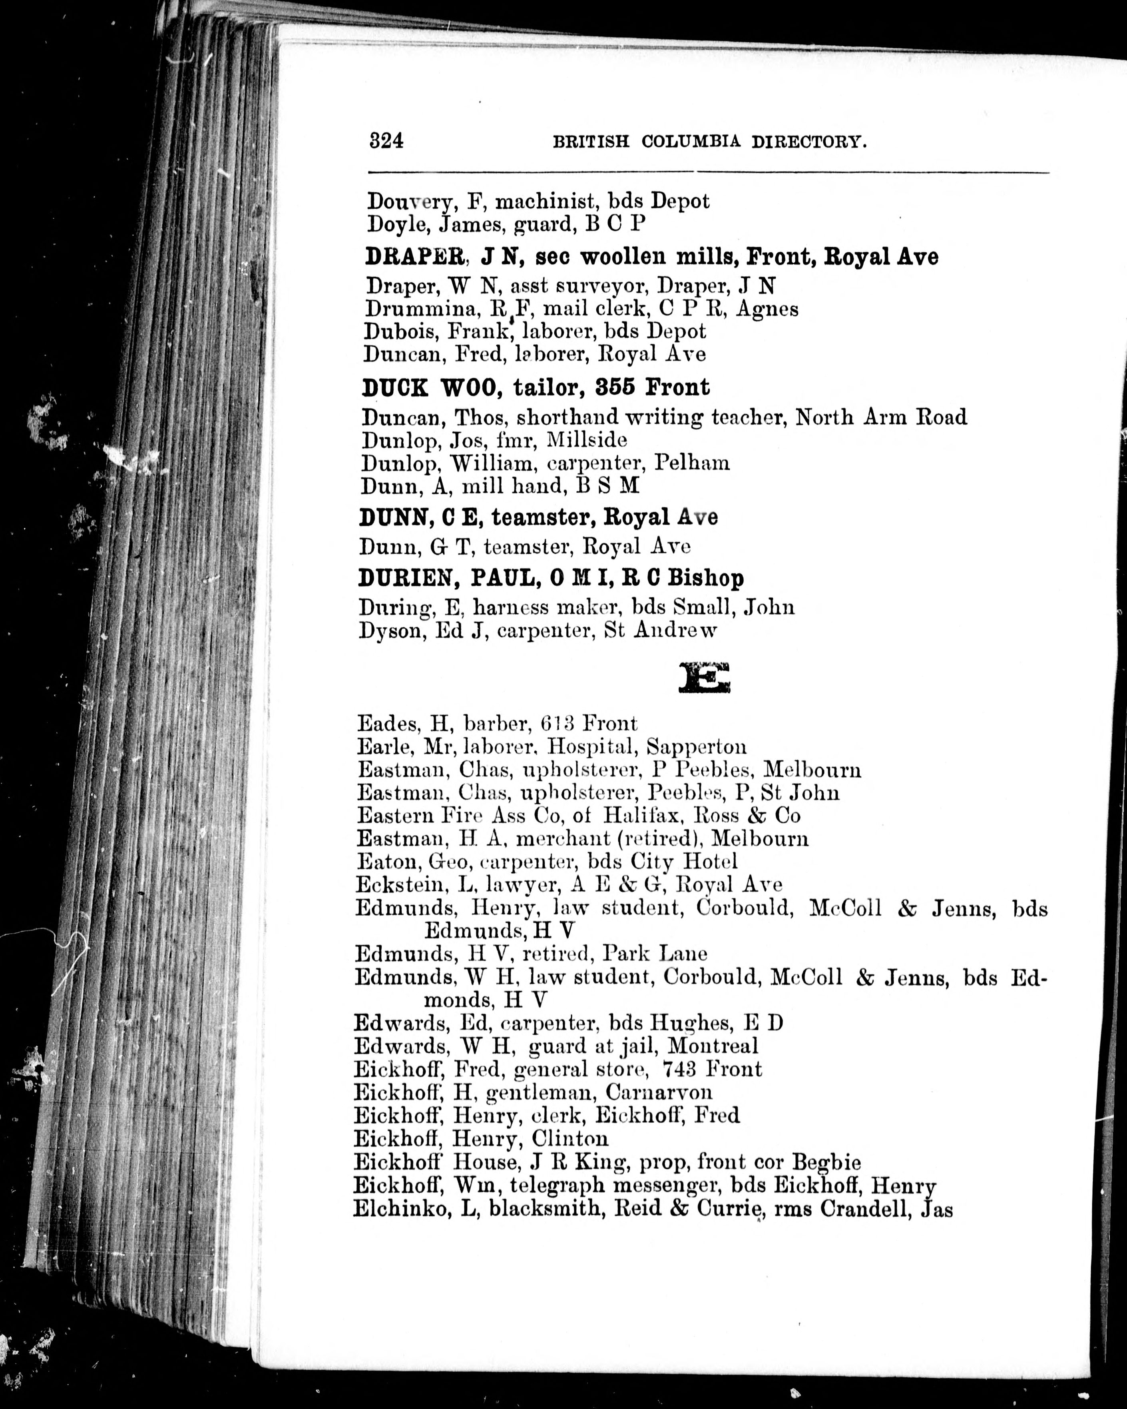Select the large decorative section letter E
tap(704, 679)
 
